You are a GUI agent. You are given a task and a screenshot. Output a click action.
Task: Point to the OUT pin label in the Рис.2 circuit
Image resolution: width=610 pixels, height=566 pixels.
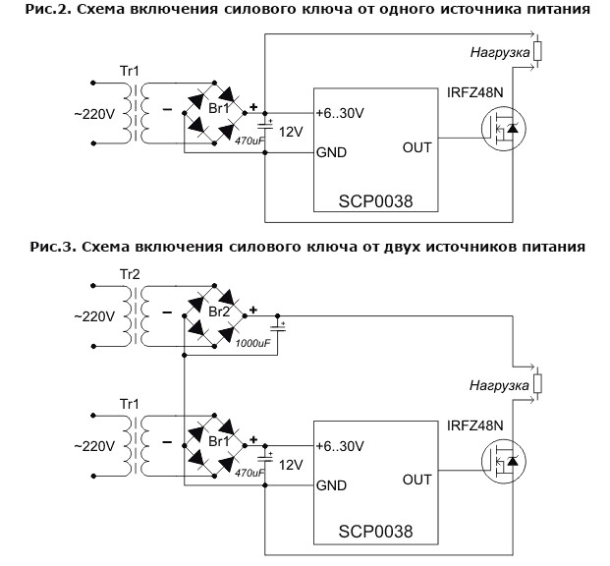pyautogui.click(x=416, y=149)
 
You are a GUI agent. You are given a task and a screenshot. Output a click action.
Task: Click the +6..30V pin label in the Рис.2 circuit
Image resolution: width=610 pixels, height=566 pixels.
pyautogui.click(x=340, y=113)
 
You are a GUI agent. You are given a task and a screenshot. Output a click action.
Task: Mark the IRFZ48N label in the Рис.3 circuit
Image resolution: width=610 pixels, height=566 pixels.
pyautogui.click(x=476, y=424)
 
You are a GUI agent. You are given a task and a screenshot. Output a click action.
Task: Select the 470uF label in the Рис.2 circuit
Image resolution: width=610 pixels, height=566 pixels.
pyautogui.click(x=250, y=141)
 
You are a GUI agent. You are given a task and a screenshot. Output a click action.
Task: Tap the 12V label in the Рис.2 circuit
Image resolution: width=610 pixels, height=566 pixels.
pyautogui.click(x=291, y=132)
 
